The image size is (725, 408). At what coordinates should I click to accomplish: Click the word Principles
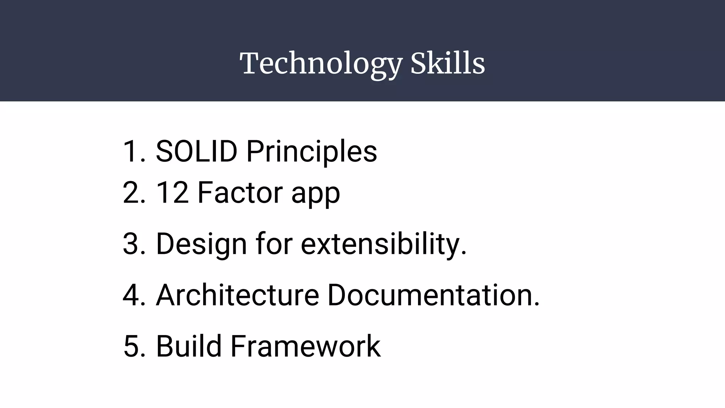(x=312, y=152)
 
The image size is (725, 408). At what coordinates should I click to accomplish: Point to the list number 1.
(x=132, y=152)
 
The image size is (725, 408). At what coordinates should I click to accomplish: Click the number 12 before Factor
(x=172, y=193)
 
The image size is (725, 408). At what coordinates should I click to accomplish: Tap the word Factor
(x=240, y=193)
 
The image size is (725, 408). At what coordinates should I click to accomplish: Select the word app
(x=315, y=195)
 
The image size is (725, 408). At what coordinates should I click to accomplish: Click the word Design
(x=201, y=244)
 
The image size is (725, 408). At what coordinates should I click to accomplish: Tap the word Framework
(x=306, y=346)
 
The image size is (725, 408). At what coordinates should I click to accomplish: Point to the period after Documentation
(x=537, y=305)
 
